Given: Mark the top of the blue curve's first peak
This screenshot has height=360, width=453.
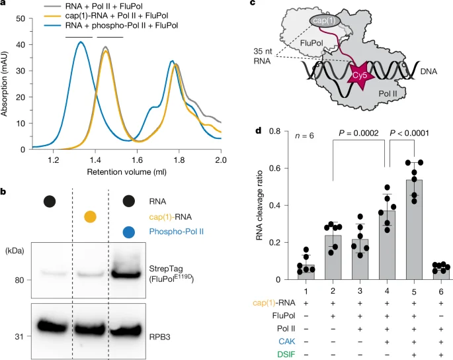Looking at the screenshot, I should coord(80,42).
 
